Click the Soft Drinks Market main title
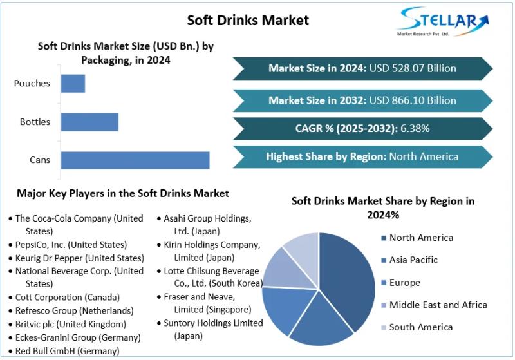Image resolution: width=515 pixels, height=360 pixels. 248,20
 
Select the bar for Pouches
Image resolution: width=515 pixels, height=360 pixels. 73,83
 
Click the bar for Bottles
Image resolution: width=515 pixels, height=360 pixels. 89,122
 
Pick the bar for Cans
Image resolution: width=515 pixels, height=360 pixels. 135,160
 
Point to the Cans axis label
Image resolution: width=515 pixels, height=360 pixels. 40,160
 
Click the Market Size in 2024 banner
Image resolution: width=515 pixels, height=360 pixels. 362,68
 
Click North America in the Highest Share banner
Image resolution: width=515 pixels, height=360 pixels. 424,156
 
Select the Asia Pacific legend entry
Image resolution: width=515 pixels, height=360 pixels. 413,260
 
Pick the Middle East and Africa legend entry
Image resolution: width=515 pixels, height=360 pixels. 438,305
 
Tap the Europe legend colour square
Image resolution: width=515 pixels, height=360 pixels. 383,283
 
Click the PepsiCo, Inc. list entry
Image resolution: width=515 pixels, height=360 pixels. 71,245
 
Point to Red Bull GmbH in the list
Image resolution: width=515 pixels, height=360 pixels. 67,351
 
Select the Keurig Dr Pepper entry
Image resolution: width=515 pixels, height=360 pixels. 79,258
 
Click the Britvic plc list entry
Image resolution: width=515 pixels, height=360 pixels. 70,324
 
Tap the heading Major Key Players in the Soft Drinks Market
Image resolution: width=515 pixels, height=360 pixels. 122,193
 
